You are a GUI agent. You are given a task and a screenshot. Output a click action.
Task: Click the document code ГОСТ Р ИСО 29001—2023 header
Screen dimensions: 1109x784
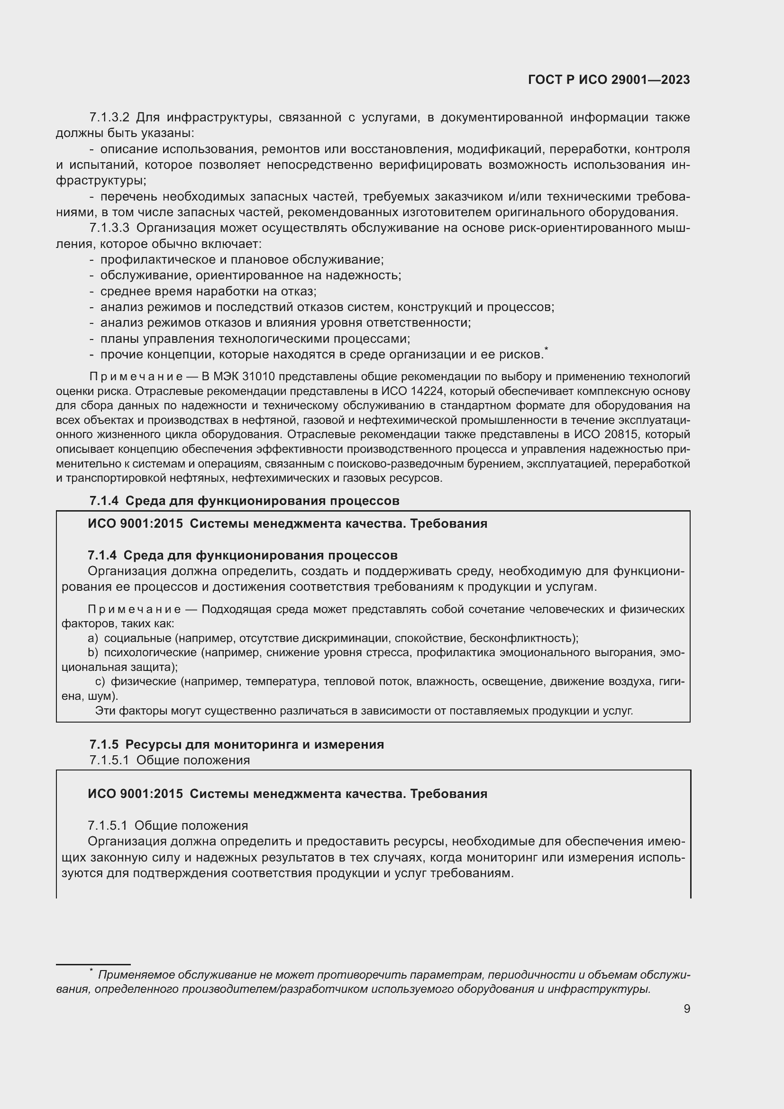tap(609, 80)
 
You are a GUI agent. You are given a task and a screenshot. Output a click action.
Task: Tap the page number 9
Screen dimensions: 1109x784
tap(686, 1008)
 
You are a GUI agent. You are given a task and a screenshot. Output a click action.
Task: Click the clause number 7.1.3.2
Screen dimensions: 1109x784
tap(109, 118)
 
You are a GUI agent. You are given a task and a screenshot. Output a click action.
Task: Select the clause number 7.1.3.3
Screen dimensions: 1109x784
tap(109, 228)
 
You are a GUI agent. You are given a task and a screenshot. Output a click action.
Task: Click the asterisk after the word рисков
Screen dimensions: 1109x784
tap(546, 349)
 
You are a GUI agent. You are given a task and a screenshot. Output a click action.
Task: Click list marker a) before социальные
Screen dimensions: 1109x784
tap(93, 639)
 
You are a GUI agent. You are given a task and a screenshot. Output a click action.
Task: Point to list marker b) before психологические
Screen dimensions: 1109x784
tap(93, 653)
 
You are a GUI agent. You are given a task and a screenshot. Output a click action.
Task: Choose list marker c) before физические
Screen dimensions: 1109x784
tap(100, 681)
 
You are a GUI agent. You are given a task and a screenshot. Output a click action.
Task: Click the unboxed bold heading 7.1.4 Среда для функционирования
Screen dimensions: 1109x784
tap(244, 501)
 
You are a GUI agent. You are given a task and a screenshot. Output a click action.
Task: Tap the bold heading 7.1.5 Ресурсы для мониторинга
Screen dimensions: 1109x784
tap(237, 744)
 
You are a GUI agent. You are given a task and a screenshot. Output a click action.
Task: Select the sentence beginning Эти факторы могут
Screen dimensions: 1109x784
tap(364, 711)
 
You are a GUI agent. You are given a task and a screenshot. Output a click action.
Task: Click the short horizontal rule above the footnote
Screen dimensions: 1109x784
tap(93, 951)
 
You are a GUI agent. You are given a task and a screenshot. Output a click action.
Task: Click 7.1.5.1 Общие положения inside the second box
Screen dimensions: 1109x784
tap(167, 826)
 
